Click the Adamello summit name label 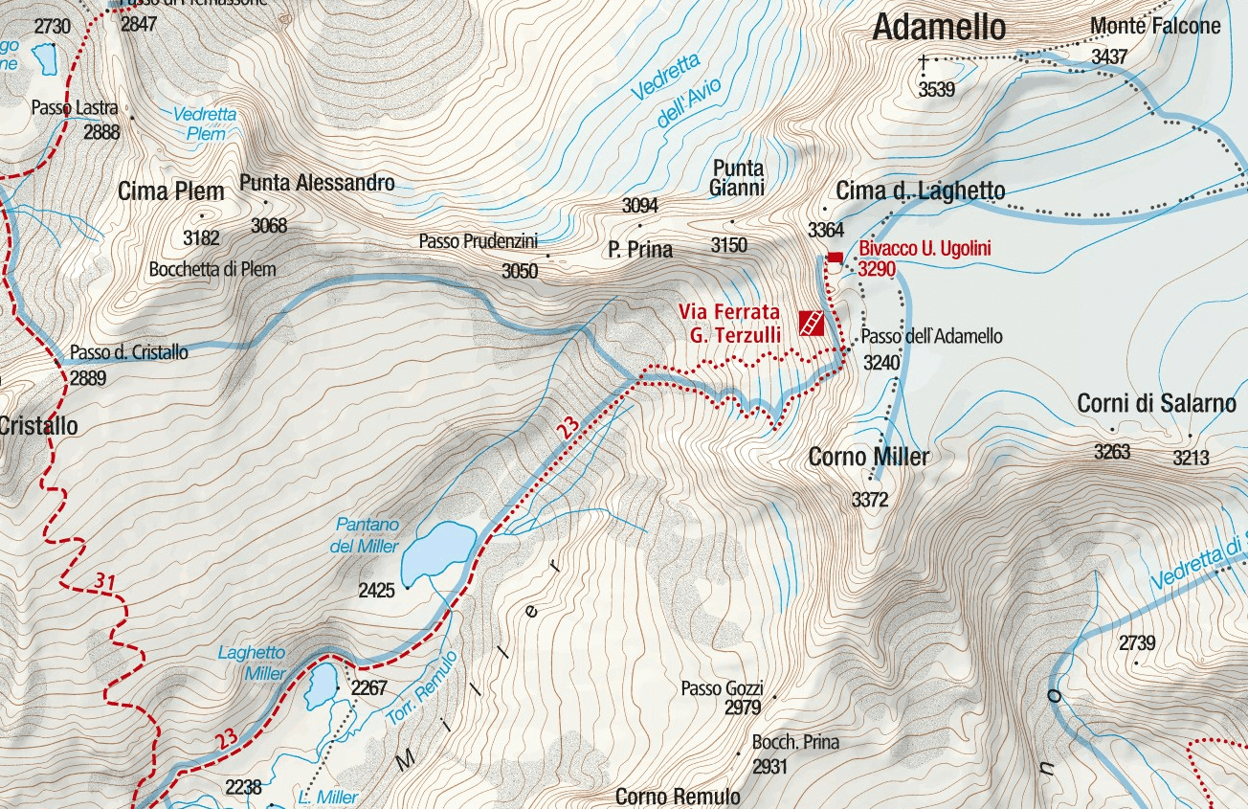pos(939,28)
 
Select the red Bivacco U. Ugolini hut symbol pos(834,258)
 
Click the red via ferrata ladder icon pos(811,324)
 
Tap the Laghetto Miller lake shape pos(321,685)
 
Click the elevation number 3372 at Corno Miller pos(870,499)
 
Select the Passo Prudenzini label pos(478,241)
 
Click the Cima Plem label pos(171,191)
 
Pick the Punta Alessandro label pos(317,182)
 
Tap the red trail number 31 pos(105,581)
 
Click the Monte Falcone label pos(1156,27)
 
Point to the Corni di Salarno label pos(1156,403)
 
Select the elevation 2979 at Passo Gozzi pos(743,708)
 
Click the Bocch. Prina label pos(794,742)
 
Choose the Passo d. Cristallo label pos(129,352)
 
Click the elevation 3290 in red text pos(877,269)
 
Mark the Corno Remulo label pos(678,797)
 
